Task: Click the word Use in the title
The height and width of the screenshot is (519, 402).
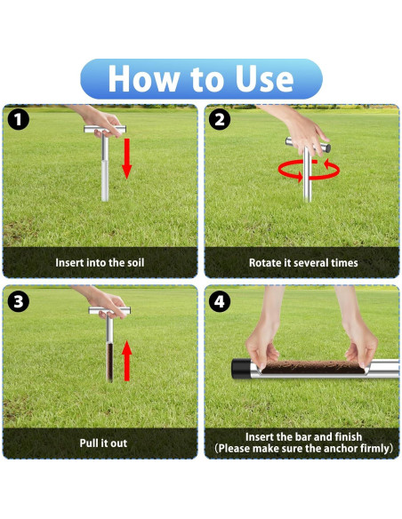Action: (264, 78)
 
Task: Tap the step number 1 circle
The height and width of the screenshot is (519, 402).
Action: (18, 120)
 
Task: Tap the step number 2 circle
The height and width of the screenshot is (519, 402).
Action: (220, 120)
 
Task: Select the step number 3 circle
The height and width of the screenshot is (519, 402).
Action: (18, 301)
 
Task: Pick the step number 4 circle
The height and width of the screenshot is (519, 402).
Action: (220, 301)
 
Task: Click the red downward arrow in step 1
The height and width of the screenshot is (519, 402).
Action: (127, 159)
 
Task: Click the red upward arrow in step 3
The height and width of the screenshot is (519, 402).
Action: (127, 361)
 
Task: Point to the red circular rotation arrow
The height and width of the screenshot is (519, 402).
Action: (309, 178)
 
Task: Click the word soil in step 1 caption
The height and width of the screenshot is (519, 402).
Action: (136, 262)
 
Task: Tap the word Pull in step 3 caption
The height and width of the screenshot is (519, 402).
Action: (87, 443)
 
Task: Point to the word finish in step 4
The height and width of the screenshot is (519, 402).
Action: (349, 436)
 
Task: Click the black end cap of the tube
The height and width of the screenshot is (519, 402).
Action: (240, 369)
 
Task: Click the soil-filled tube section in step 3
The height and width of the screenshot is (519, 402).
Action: (109, 363)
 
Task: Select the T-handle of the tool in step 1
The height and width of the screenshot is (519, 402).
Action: (105, 129)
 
